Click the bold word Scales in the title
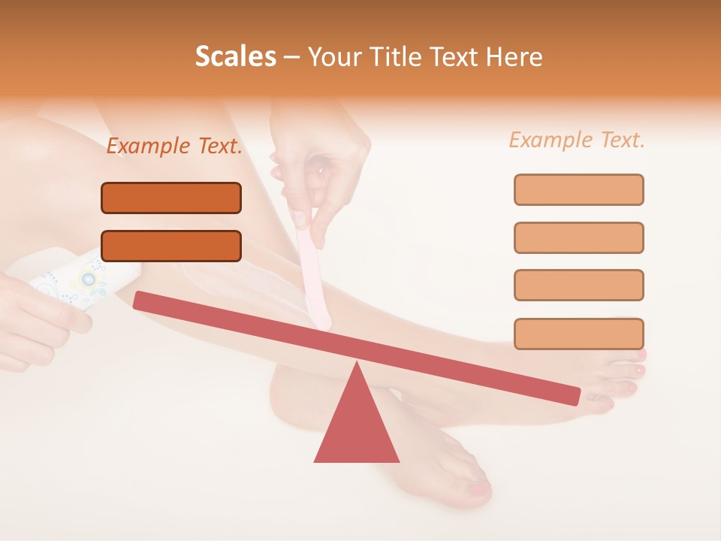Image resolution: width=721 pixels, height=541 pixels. click(235, 56)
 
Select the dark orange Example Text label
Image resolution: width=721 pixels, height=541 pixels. click(174, 147)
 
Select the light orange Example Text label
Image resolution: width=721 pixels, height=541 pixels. click(577, 140)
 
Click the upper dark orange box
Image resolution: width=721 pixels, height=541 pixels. click(171, 198)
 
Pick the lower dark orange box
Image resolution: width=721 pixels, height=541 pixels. click(171, 246)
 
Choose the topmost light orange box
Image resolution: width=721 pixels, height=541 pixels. click(578, 189)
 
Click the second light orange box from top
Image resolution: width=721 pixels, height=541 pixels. click(578, 237)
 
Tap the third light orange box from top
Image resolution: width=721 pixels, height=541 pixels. click(578, 285)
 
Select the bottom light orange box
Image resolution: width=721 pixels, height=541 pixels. click(578, 334)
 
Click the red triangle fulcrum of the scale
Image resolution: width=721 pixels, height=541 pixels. click(356, 425)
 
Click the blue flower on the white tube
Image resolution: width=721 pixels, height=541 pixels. click(89, 280)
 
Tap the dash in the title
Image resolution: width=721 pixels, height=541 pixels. click(292, 57)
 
